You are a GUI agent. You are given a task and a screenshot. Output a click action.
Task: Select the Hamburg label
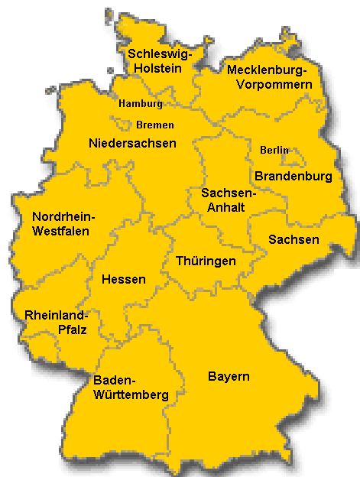click(x=141, y=104)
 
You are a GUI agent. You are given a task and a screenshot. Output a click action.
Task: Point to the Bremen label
click(x=155, y=125)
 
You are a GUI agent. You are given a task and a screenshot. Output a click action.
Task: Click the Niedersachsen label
click(x=132, y=143)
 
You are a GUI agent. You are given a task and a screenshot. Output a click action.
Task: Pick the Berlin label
click(x=274, y=150)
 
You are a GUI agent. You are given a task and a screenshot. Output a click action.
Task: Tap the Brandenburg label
click(x=294, y=177)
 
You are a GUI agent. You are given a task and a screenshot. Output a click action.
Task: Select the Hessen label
click(x=123, y=280)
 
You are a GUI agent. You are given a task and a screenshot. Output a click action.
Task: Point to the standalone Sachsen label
click(x=294, y=239)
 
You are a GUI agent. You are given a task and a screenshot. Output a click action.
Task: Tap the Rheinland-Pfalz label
click(x=56, y=323)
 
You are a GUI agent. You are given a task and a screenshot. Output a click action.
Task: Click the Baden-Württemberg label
click(x=130, y=388)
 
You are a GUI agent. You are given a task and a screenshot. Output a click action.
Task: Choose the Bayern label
click(x=229, y=377)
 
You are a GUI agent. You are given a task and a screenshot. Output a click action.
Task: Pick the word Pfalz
click(x=70, y=330)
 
